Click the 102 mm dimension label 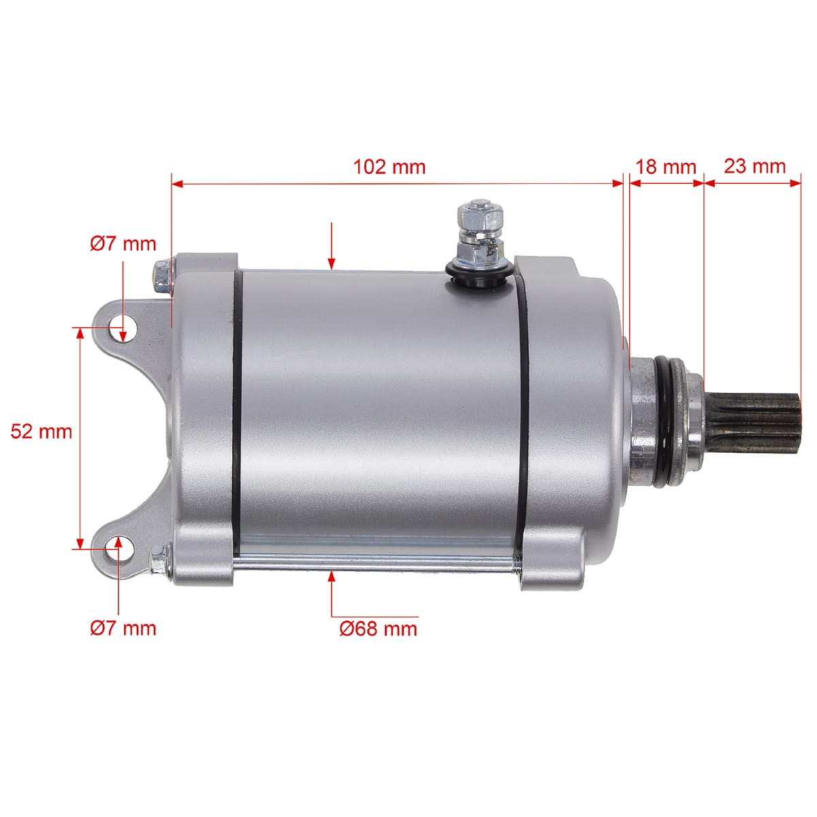click(x=389, y=167)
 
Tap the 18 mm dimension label click(x=666, y=167)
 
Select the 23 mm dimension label click(x=754, y=166)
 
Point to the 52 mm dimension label click(x=41, y=432)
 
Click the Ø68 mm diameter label click(x=378, y=628)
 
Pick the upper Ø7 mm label click(x=123, y=244)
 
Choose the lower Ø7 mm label click(x=123, y=628)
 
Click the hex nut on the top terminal click(x=480, y=215)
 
